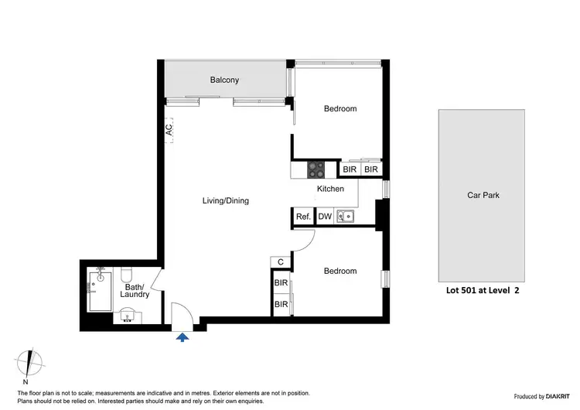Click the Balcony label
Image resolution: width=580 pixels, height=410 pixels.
[225, 80]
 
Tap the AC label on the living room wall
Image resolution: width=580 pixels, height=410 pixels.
[169, 130]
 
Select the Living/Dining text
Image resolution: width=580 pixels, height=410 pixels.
[226, 201]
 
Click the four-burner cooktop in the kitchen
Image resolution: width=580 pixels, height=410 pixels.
[317, 169]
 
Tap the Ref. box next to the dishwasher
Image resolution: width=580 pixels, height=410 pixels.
[303, 217]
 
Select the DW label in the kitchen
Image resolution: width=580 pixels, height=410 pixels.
[325, 217]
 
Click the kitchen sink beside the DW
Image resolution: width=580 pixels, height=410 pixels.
[345, 217]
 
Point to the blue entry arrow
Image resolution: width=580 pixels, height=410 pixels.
[183, 337]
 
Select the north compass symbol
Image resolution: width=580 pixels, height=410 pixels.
[28, 364]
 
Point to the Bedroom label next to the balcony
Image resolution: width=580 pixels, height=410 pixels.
[339, 109]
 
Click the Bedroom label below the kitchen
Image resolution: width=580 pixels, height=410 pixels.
[339, 271]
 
